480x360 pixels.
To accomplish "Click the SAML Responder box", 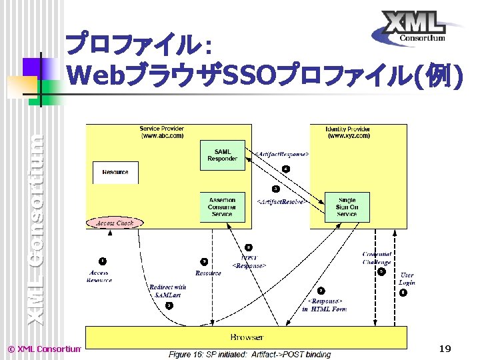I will tap(222, 155).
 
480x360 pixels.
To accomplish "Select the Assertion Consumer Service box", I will tap(222, 206).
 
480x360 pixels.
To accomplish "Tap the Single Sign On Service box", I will tap(347, 206).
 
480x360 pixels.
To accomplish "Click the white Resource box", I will tap(115, 172).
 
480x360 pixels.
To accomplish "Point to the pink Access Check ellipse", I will tap(115, 223).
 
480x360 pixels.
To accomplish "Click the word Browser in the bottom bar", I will tap(247, 337).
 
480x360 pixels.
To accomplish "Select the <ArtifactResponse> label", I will tap(282, 155).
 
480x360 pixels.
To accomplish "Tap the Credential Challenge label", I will tap(377, 258).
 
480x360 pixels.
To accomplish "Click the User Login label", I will tap(407, 279).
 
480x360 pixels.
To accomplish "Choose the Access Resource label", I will tap(99, 276).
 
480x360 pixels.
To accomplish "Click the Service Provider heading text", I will tap(162, 131).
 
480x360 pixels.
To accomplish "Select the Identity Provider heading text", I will tap(348, 131).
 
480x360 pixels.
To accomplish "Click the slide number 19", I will tap(445, 349).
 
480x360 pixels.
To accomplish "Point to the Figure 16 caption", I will tap(249, 354).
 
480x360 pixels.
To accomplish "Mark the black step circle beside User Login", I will tap(402, 293).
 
